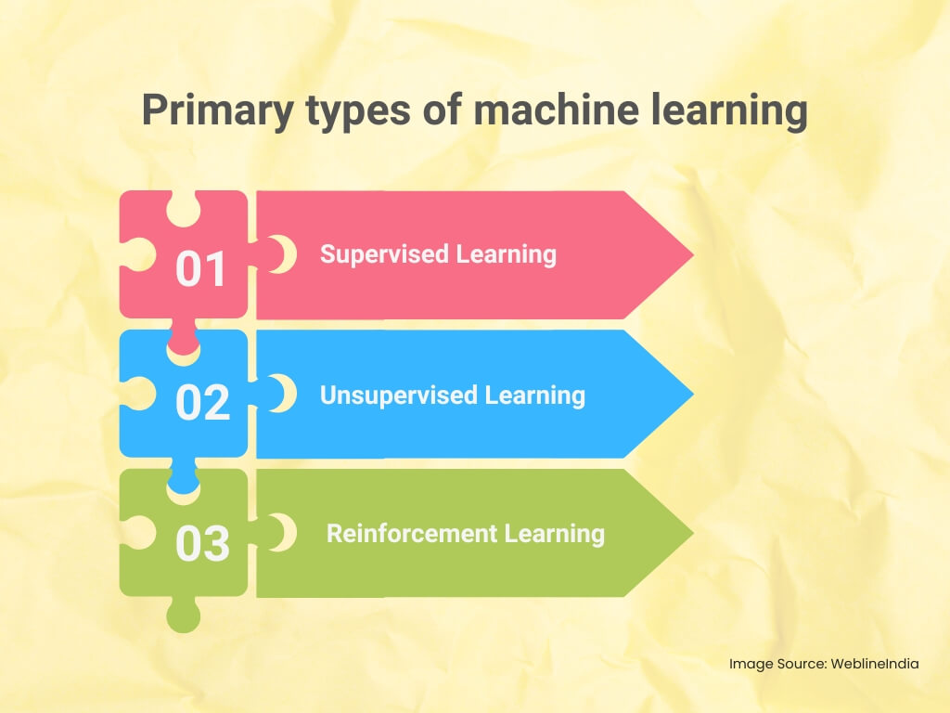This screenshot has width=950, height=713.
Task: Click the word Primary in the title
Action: [x=218, y=111]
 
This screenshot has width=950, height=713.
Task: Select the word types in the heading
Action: [x=358, y=112]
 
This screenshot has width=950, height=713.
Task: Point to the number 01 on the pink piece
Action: [x=200, y=268]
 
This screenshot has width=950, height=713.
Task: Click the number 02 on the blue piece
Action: [x=202, y=402]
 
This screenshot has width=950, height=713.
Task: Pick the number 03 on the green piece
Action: [x=202, y=542]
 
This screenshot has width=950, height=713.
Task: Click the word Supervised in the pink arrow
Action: [x=384, y=255]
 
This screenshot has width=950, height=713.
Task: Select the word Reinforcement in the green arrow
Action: [x=411, y=534]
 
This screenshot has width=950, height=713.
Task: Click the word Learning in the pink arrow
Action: [x=506, y=255]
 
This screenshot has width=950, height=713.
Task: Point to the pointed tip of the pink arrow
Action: [x=693, y=254]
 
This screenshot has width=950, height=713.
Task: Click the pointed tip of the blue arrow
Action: [x=693, y=394]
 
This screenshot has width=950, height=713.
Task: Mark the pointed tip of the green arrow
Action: [x=693, y=533]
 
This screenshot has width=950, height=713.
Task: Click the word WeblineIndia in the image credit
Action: [x=874, y=664]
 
